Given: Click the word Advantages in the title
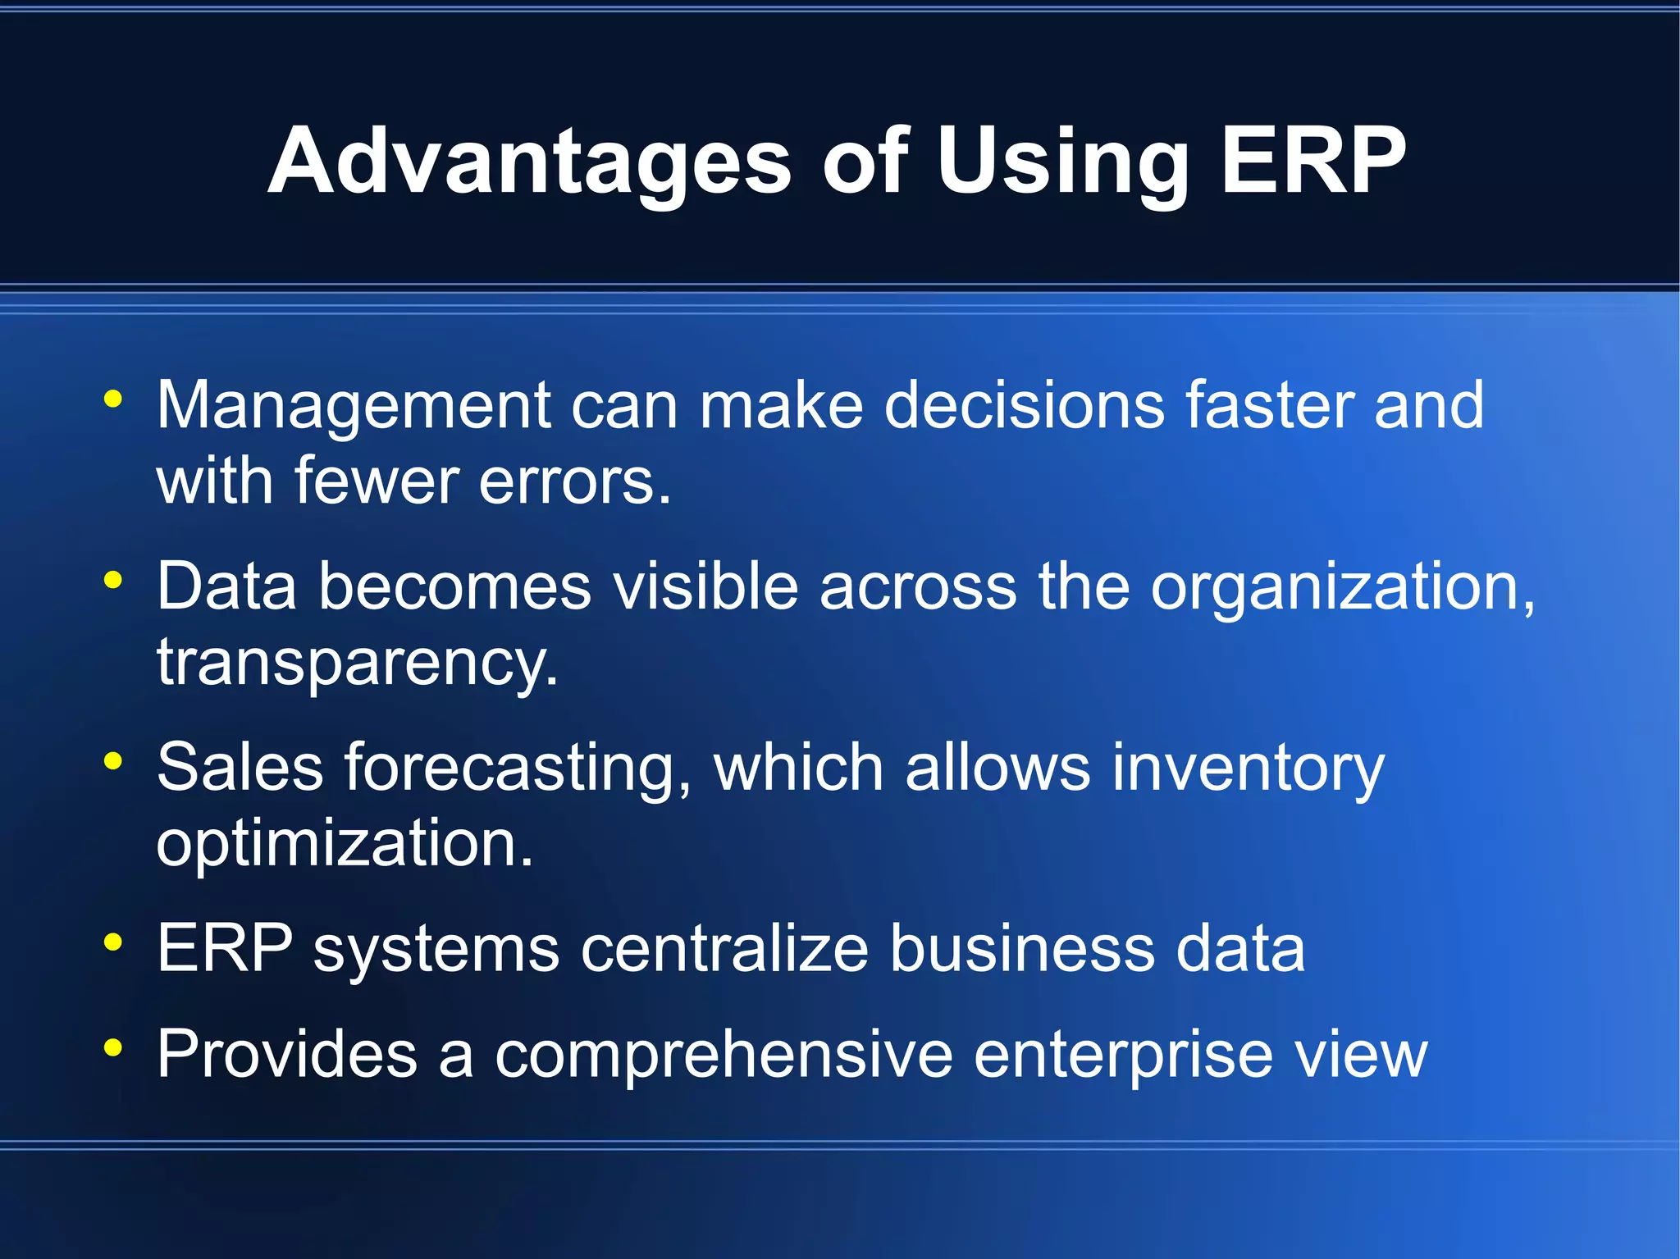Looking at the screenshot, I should [x=529, y=162].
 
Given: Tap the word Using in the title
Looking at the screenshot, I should [x=1062, y=162].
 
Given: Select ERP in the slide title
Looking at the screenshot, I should [x=1312, y=162].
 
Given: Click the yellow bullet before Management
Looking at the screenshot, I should [x=113, y=399].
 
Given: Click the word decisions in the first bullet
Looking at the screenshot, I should [x=1025, y=405].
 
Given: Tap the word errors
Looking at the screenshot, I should [x=574, y=481].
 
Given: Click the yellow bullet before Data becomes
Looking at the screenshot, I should [x=113, y=581].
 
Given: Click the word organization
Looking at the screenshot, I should [x=1342, y=588].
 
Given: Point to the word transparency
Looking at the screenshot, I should [x=357, y=663].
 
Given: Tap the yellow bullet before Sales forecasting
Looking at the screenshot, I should [x=113, y=762].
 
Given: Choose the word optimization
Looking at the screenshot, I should [x=345, y=844].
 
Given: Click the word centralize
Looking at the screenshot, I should [x=725, y=949].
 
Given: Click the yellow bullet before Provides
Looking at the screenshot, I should [x=113, y=1047].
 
